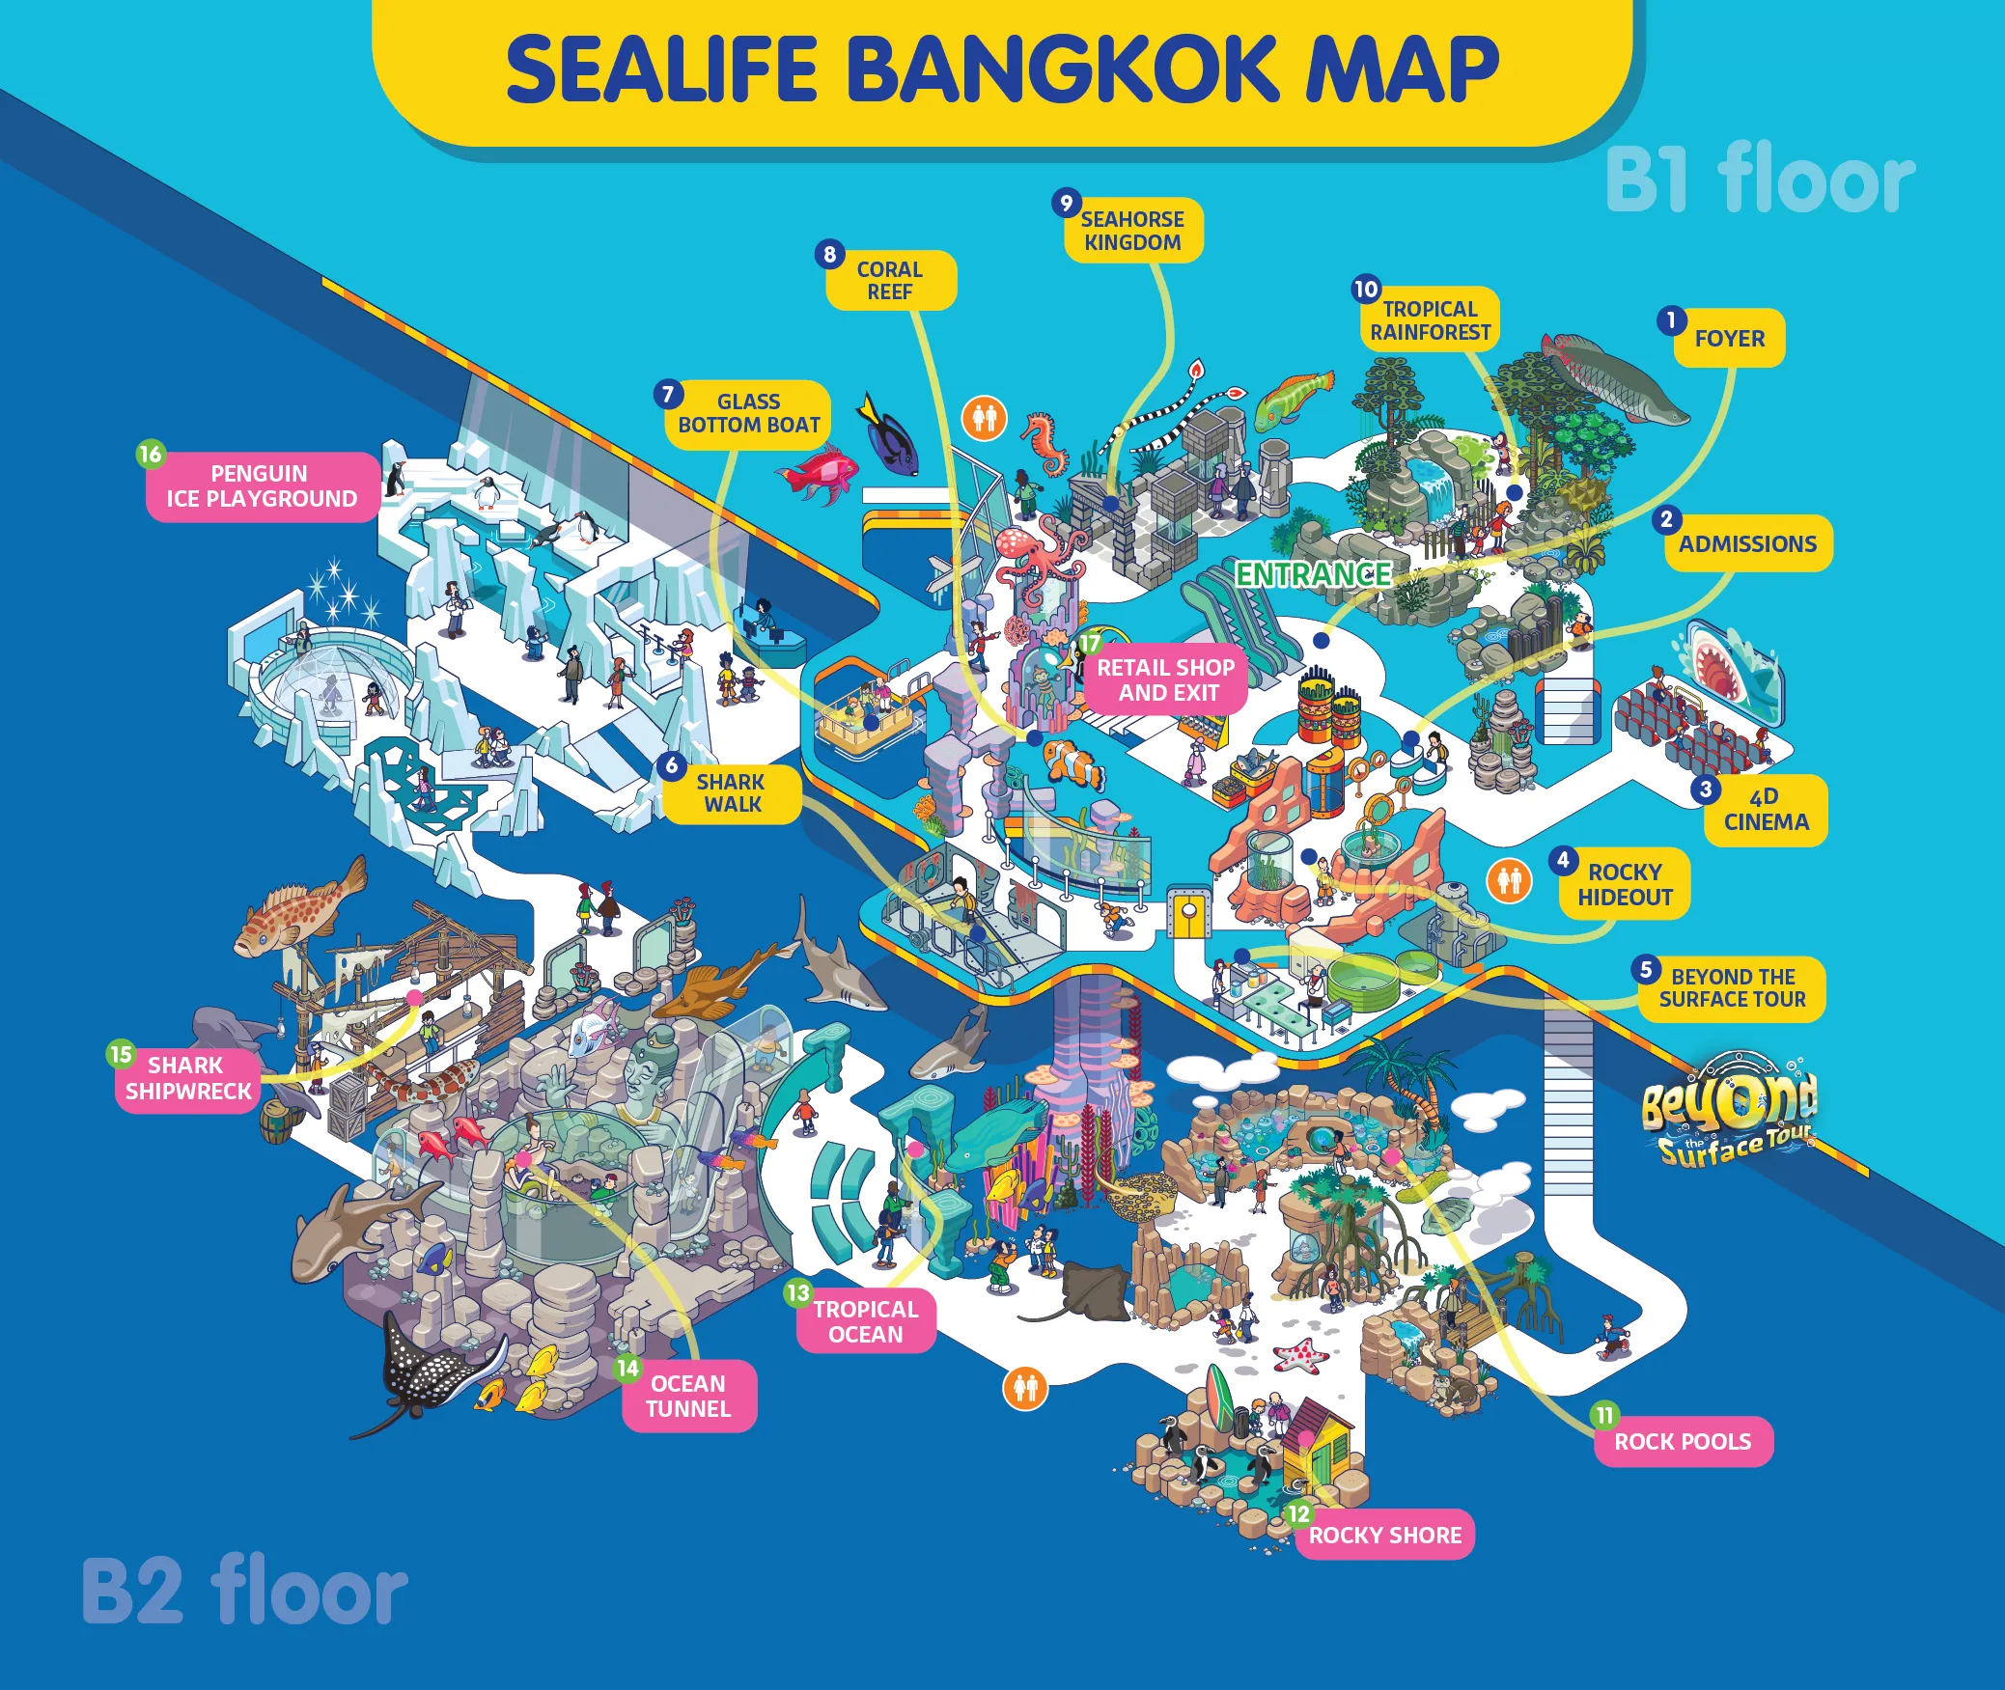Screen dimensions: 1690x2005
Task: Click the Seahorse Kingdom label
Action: (1133, 232)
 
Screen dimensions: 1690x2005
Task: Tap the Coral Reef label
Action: (890, 281)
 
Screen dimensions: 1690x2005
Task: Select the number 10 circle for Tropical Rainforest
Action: (1366, 289)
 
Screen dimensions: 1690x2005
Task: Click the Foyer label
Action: (1729, 339)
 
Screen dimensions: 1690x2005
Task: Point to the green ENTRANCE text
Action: (1313, 575)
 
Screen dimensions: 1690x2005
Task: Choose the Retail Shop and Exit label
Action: (1166, 680)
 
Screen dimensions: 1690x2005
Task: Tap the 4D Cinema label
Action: (1766, 811)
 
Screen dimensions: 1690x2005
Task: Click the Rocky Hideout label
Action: (1625, 885)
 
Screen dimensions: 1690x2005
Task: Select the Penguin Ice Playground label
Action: (262, 486)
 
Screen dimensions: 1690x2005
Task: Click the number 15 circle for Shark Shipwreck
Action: (121, 1054)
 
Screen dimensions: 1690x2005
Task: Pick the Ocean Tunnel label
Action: (688, 1397)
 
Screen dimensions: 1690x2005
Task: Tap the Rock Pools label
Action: (1683, 1442)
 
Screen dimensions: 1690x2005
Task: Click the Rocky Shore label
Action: (1385, 1536)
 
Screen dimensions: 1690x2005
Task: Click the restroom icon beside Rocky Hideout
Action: (1509, 881)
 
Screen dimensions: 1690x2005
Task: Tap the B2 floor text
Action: (245, 1591)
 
